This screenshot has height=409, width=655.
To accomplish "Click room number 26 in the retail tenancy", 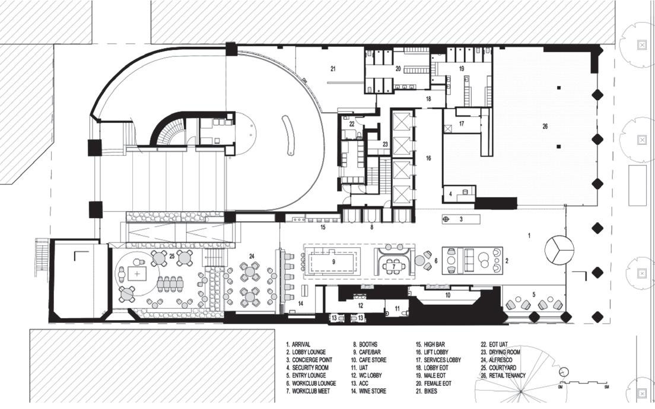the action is click(x=545, y=126).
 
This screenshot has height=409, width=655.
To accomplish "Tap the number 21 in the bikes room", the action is click(x=333, y=69).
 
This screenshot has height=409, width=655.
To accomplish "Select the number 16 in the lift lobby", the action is click(x=428, y=158).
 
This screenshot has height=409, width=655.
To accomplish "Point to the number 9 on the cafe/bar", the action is click(x=333, y=261).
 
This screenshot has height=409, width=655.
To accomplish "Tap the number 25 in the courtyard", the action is click(x=172, y=256).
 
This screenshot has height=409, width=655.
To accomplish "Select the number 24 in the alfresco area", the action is click(x=252, y=256).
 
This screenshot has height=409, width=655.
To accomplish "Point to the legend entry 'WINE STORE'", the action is click(x=371, y=391).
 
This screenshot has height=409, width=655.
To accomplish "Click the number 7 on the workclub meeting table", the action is click(x=393, y=266).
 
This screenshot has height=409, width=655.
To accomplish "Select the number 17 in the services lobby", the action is click(x=462, y=124).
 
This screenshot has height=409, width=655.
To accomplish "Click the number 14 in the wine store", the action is click(x=300, y=303).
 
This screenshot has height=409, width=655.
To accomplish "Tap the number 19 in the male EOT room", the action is click(x=461, y=69).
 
